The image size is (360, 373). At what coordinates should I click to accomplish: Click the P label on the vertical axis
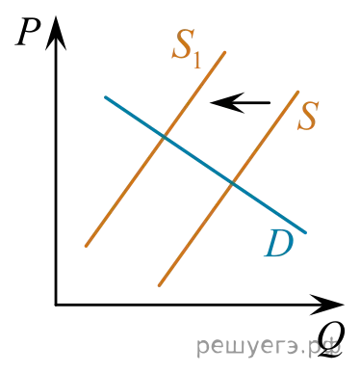(28, 33)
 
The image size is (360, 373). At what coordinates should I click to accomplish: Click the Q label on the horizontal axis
(330, 340)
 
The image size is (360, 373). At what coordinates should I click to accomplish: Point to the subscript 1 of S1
(197, 60)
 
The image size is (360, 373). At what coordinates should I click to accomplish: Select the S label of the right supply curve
(308, 116)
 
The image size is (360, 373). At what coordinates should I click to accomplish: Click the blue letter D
(278, 243)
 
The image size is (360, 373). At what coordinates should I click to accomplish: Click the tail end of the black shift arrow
(270, 103)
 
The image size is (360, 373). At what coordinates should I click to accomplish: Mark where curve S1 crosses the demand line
(164, 137)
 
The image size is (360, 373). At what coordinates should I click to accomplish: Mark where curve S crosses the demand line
(232, 183)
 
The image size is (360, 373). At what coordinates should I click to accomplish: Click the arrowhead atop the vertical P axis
(56, 32)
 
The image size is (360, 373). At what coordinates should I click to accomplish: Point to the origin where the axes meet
(56, 305)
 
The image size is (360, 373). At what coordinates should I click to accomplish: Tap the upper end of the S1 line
(225, 52)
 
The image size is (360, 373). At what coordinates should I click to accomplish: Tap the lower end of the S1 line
(86, 246)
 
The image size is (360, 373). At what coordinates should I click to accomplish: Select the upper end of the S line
(297, 93)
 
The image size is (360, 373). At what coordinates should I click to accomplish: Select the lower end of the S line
(159, 285)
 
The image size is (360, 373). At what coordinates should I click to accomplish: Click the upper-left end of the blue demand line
(105, 97)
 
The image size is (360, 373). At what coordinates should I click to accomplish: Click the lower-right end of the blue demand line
(306, 232)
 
